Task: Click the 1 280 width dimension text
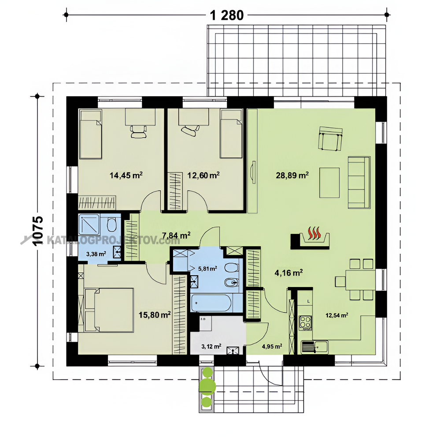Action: point(227,15)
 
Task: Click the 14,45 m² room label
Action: point(126,175)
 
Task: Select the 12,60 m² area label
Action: point(203,175)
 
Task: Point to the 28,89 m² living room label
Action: point(292,175)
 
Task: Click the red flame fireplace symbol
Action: point(314,233)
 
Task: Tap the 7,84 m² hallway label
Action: point(177,235)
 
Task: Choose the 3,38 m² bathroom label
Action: point(96,254)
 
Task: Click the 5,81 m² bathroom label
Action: point(207,269)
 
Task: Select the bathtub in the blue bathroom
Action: point(211,303)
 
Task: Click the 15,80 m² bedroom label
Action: point(155,314)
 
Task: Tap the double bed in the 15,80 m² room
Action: point(109,310)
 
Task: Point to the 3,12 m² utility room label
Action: point(211,346)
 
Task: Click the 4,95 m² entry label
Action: point(272,346)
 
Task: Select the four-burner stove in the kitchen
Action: point(305,322)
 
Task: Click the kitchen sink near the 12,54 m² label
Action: point(314,347)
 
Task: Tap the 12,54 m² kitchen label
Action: point(337,315)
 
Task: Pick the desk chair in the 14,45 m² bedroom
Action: point(138,131)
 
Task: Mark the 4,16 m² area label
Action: point(288,273)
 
